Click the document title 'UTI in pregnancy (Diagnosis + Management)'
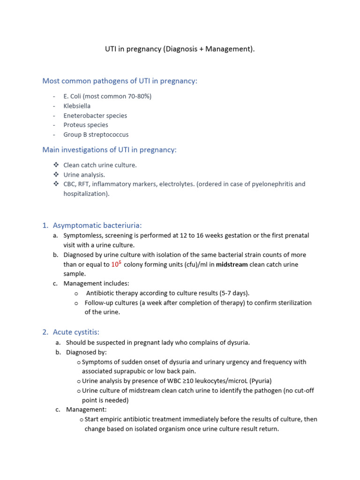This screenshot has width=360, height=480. [x=180, y=50]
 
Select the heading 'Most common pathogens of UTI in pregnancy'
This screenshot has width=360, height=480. [x=120, y=81]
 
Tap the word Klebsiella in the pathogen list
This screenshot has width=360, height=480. [x=77, y=106]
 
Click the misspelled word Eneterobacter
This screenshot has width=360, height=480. [x=82, y=115]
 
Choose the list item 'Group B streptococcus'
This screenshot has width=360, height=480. [x=96, y=135]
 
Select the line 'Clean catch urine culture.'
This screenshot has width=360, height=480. [x=100, y=165]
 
